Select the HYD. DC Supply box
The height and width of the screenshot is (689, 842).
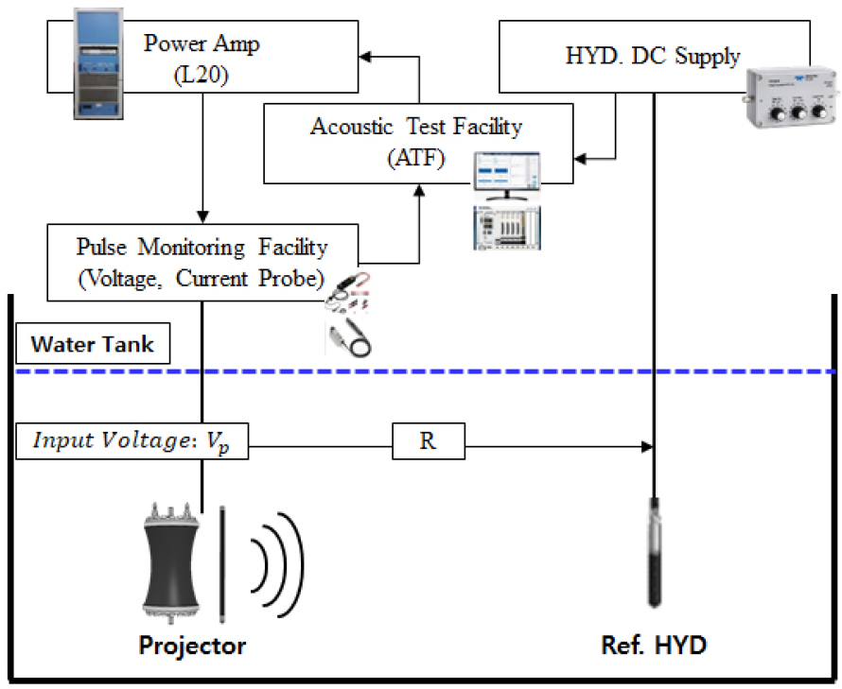tap(653, 58)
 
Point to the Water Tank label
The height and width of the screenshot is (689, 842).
tap(93, 344)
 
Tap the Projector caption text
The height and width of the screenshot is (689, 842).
tap(192, 646)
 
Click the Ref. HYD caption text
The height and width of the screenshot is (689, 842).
tap(654, 646)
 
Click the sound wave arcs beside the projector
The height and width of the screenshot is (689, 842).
tap(280, 558)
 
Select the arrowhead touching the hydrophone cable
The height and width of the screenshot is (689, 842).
tap(646, 443)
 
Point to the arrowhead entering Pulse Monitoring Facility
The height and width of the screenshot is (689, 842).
tap(202, 216)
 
